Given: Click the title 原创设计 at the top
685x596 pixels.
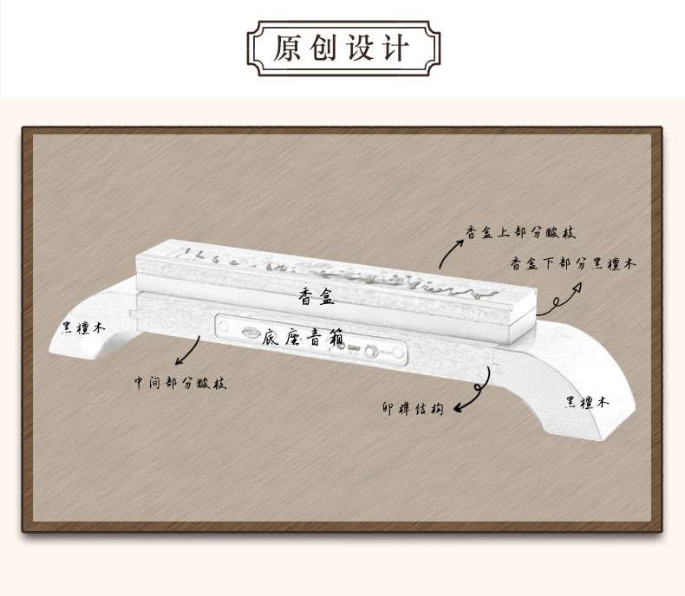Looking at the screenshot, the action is (x=341, y=47).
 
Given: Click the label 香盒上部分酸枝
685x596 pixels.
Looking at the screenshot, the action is (x=520, y=231).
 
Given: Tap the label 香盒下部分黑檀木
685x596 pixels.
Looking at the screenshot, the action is (x=572, y=263).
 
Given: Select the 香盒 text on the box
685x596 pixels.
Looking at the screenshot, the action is (x=316, y=296).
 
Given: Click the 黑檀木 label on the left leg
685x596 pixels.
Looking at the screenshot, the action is (x=83, y=327).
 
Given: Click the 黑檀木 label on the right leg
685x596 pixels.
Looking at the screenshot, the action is (x=587, y=401).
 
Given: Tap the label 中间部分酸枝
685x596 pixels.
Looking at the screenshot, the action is (x=180, y=383).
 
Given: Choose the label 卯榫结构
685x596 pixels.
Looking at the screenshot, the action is (x=413, y=408).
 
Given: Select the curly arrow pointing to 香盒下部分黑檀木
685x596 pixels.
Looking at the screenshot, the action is (x=560, y=300).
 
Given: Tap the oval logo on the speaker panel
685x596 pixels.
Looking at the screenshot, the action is (x=251, y=333).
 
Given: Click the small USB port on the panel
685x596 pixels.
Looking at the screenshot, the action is (x=353, y=347).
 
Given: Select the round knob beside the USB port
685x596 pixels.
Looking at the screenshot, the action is (x=371, y=351).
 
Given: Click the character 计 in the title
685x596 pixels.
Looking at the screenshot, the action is (x=395, y=47).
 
